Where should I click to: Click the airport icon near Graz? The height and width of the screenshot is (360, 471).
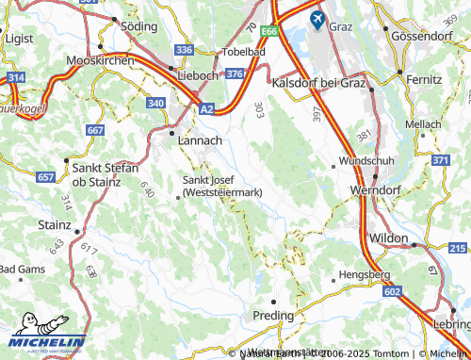316,17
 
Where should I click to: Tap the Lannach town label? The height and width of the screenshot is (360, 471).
201,139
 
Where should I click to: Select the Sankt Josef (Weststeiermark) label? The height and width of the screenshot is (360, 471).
221,187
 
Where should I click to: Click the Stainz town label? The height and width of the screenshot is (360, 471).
53,226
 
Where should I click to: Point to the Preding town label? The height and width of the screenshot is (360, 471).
273,315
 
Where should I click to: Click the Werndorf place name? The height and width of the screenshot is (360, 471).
376,189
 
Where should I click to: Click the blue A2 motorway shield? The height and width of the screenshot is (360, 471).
206,109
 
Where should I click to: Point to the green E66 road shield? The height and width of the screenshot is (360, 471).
270,31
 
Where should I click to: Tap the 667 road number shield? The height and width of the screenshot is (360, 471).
94,129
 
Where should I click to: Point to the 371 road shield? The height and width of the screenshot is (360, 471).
440,161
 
